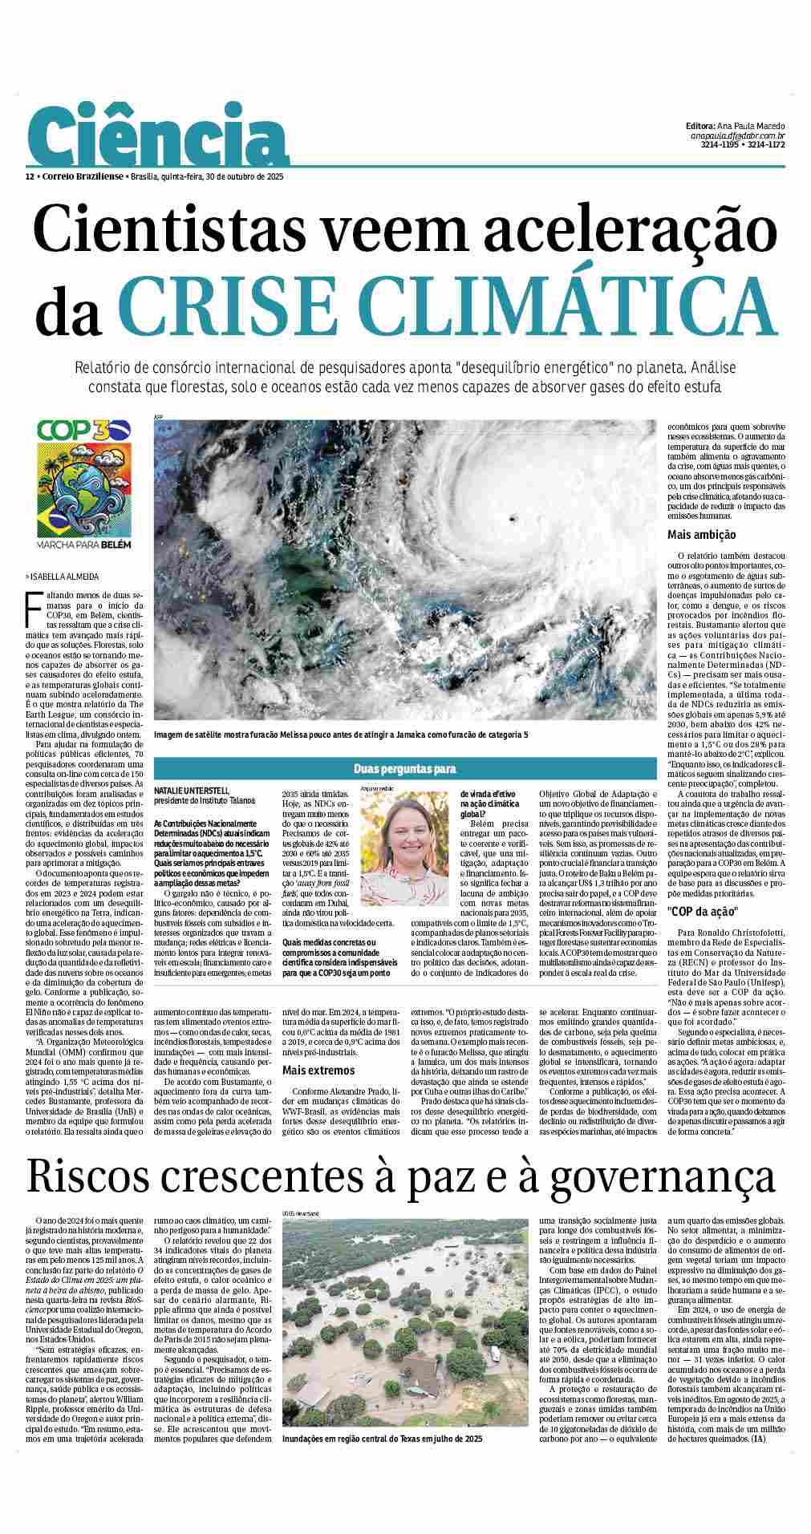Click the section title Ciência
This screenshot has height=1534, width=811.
(159, 141)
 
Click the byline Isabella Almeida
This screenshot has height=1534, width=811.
(63, 577)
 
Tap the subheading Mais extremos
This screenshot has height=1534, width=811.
(318, 1071)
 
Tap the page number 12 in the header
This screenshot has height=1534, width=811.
(30, 176)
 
